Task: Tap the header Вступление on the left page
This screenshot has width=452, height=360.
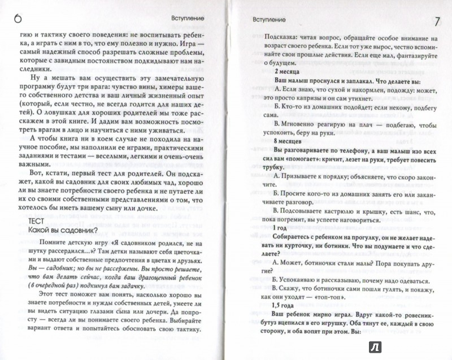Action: pyautogui.click(x=186, y=18)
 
